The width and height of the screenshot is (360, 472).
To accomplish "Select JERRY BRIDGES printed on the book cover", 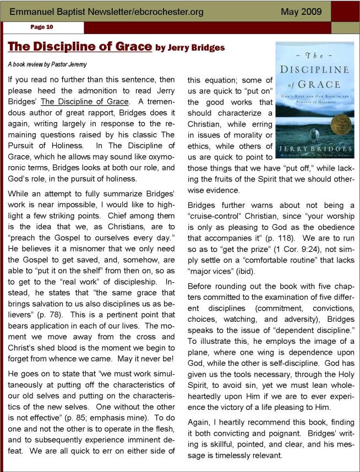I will [x=314, y=149].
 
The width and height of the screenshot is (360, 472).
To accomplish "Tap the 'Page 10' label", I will [x=42, y=26].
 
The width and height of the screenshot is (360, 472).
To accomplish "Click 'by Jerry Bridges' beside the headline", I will [x=190, y=48].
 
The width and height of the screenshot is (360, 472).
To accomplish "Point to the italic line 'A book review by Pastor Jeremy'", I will [x=47, y=64].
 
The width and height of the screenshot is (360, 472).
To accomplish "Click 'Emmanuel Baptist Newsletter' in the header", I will [x=63, y=12].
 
